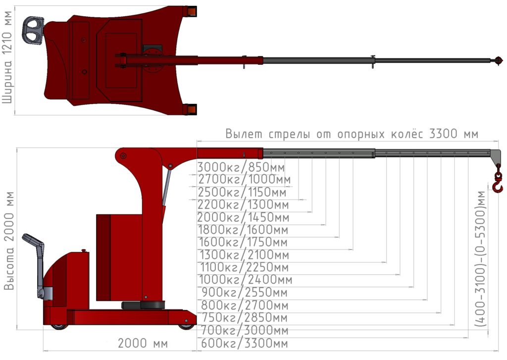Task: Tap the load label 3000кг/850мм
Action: pos(241,167)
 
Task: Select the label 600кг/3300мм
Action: pos(244,343)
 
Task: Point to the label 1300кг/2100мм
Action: pos(244,255)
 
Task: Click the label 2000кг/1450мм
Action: pos(243,217)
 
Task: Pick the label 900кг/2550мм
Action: pos(244,292)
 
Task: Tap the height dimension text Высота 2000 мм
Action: pos(9,241)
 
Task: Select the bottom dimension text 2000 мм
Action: pos(143,343)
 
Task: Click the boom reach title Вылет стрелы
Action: pos(268,134)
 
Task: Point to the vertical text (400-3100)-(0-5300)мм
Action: pos(481,259)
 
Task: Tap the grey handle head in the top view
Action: pos(33,31)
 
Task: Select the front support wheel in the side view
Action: pos(187,324)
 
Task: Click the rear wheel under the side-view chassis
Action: pos(59,326)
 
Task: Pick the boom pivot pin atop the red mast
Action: pos(123,156)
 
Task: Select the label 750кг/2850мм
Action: pos(245,317)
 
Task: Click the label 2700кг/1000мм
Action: pos(245,179)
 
